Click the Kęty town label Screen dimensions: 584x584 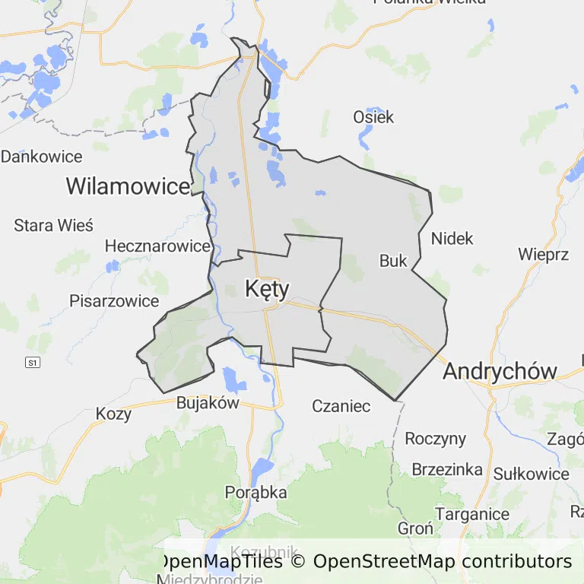[x=267, y=288]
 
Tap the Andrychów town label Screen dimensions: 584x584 [x=500, y=371]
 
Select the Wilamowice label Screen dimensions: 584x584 [x=127, y=186]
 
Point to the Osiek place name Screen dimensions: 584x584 [x=373, y=117]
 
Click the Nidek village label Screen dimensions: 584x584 [x=452, y=239]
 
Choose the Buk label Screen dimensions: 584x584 [x=393, y=261]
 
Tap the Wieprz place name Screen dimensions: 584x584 [x=543, y=254]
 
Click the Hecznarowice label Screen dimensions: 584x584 [x=157, y=246]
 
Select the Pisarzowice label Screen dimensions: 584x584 [x=114, y=301]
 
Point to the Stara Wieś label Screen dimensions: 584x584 [x=53, y=226]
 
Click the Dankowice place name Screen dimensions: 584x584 [x=41, y=157]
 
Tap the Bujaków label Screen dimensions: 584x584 [x=208, y=403]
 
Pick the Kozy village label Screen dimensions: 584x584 [x=113, y=414]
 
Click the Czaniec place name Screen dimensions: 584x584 [x=341, y=406]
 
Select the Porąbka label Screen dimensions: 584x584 [x=256, y=493]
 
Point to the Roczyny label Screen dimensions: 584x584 [x=435, y=439]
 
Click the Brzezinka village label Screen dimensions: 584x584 [x=447, y=469]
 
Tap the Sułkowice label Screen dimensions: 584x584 [x=531, y=474]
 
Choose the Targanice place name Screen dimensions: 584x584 [x=473, y=514]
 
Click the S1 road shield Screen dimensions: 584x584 [x=32, y=363]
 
